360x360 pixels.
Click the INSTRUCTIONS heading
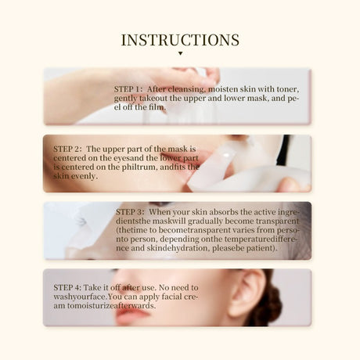pos(180,39)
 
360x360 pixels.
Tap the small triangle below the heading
pos(180,54)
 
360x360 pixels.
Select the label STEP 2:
pos(68,148)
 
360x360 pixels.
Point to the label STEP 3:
pos(130,211)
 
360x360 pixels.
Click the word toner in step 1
pos(284,89)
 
